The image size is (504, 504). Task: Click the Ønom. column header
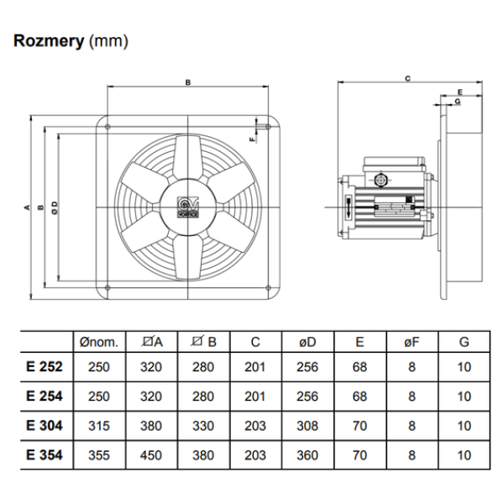point(99,342)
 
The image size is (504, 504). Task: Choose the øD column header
point(307,342)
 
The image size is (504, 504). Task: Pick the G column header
point(465,342)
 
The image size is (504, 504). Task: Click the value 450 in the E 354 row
point(153,454)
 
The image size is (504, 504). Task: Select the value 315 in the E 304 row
point(99,426)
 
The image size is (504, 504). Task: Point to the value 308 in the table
point(307,426)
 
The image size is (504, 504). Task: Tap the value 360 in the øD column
point(307,454)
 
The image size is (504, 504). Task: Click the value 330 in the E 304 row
point(204,426)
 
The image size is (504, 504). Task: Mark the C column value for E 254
point(256,396)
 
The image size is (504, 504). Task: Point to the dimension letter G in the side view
point(458,101)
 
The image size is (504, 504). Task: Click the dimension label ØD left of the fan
point(55,207)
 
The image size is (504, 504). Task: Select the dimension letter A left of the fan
point(27,207)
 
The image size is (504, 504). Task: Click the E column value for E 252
point(360,367)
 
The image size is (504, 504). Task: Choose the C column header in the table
point(256,342)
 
